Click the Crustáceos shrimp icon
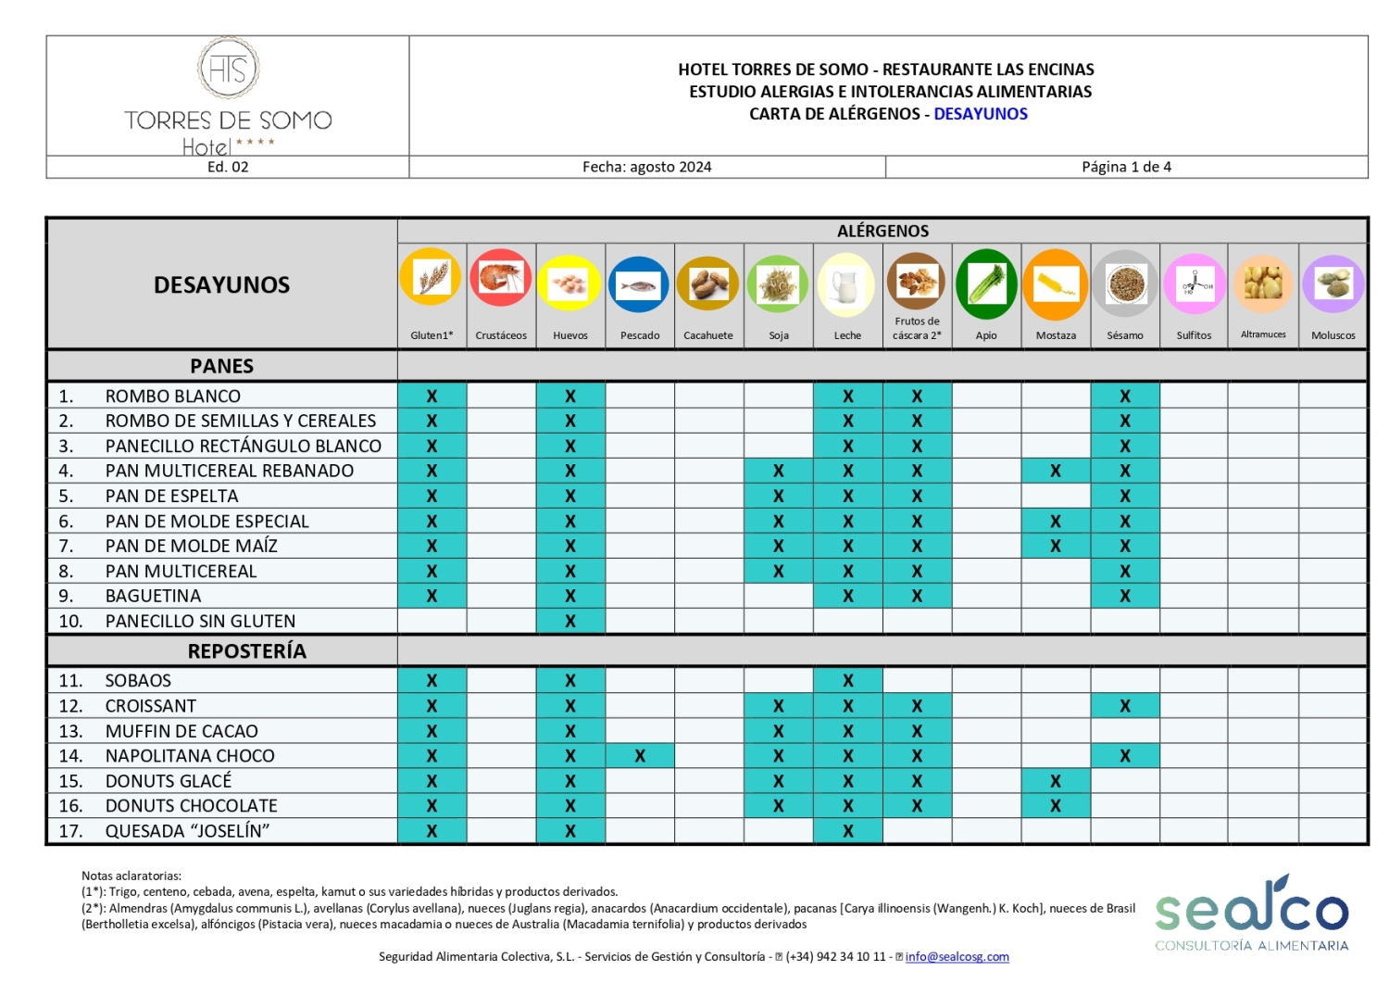click(501, 278)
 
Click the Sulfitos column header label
click(1194, 335)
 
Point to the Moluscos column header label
click(1333, 335)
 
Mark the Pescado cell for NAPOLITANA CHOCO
click(640, 756)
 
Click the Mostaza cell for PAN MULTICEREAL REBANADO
click(1056, 471)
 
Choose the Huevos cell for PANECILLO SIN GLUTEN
click(570, 622)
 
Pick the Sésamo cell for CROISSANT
click(1125, 706)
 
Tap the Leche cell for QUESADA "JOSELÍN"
click(847, 832)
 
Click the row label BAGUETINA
click(153, 596)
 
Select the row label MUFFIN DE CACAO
click(181, 731)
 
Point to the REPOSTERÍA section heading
click(246, 651)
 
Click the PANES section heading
click(221, 366)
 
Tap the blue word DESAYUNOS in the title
click(981, 114)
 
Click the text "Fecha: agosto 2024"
click(646, 167)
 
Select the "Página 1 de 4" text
click(1126, 167)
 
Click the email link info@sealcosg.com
click(957, 957)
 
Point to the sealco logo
click(1251, 913)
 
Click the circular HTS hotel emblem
click(228, 69)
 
